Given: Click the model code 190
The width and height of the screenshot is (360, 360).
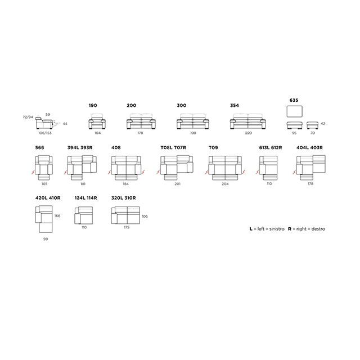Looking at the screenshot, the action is [x=93, y=105].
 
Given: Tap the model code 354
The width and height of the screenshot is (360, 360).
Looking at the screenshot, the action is [x=235, y=105].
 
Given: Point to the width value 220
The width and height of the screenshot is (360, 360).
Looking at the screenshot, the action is [x=249, y=133].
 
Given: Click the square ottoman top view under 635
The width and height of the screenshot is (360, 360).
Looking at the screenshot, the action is [x=295, y=111].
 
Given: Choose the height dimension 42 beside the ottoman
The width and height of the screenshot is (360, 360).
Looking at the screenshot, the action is [x=323, y=124].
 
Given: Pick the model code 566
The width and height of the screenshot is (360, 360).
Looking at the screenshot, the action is [x=39, y=147].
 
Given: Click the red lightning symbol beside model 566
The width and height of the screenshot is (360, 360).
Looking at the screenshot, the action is [x=33, y=172].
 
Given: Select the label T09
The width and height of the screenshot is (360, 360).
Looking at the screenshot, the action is [x=213, y=147].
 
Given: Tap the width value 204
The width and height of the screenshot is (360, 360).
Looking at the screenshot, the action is [x=225, y=184].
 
